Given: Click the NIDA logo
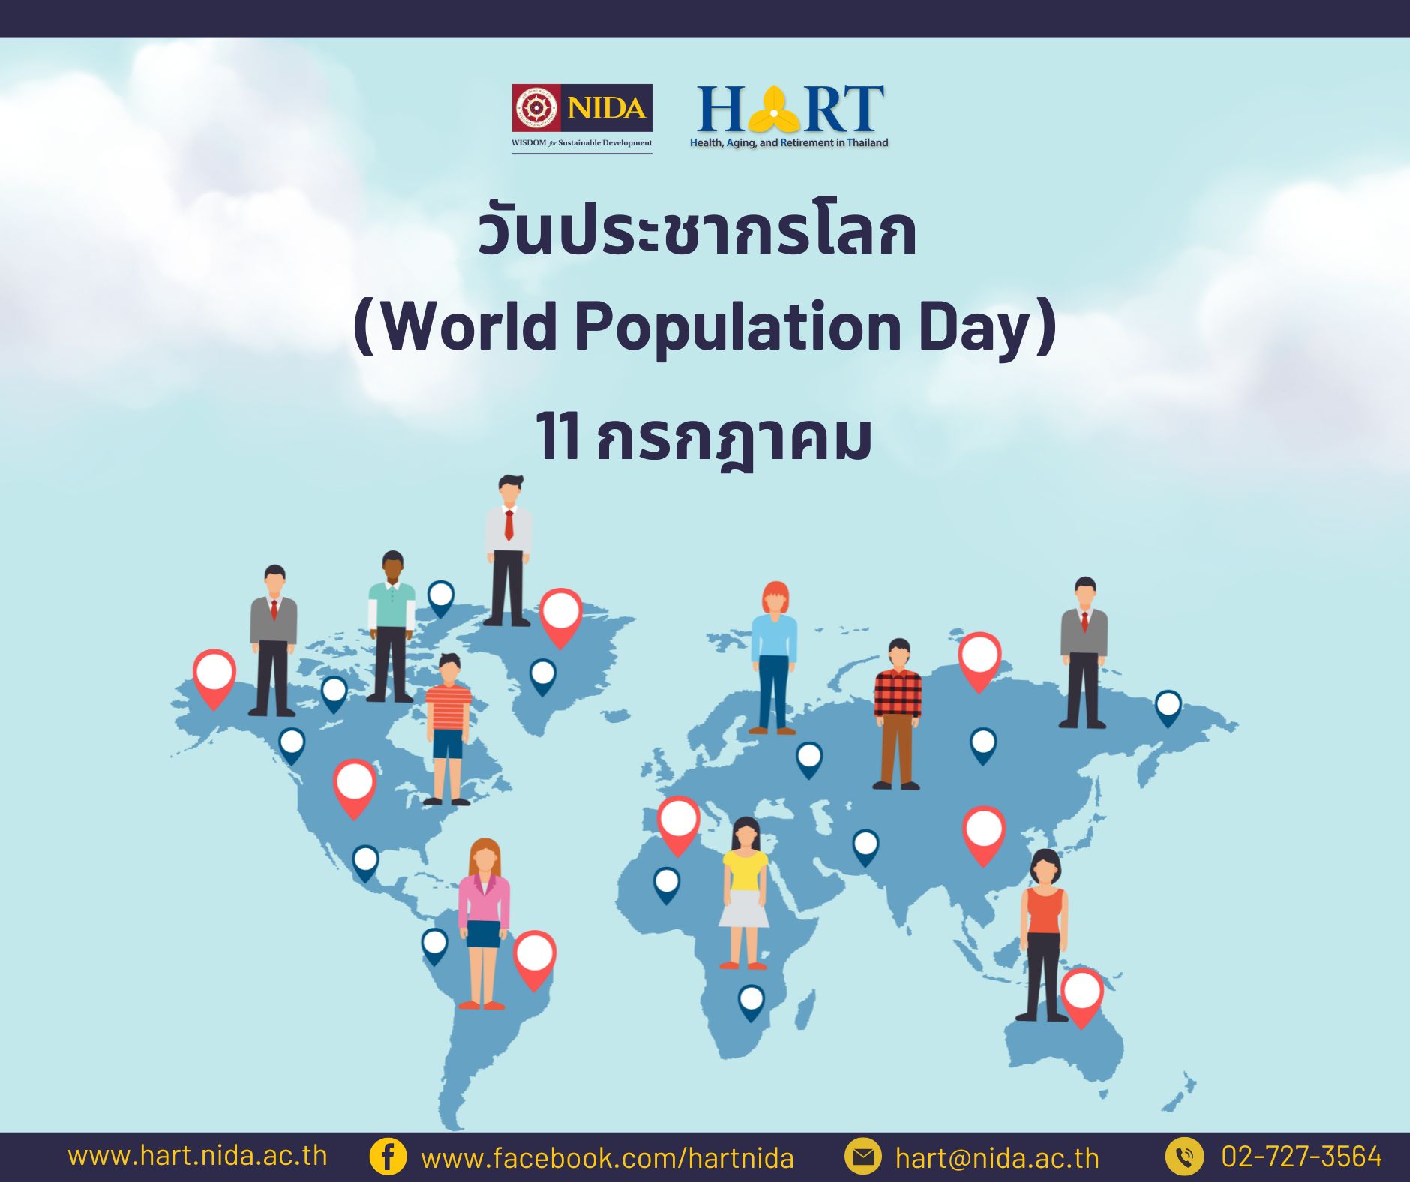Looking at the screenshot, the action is point(582,118).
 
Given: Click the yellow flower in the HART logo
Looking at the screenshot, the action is point(773,109).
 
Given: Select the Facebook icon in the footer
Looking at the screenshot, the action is point(388,1156).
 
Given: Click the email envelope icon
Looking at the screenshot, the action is point(863,1156).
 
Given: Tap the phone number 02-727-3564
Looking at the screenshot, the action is point(1301,1156).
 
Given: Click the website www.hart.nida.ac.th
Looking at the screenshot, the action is point(197,1155).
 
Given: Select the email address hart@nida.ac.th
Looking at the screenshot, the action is point(997,1158).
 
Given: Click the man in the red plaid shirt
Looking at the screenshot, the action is point(898,714).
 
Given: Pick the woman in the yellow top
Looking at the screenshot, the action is point(745,893).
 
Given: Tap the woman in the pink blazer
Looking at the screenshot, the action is point(484,923).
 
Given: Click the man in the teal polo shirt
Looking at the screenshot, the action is point(391,627).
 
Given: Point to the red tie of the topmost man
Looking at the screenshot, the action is point(508,524).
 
